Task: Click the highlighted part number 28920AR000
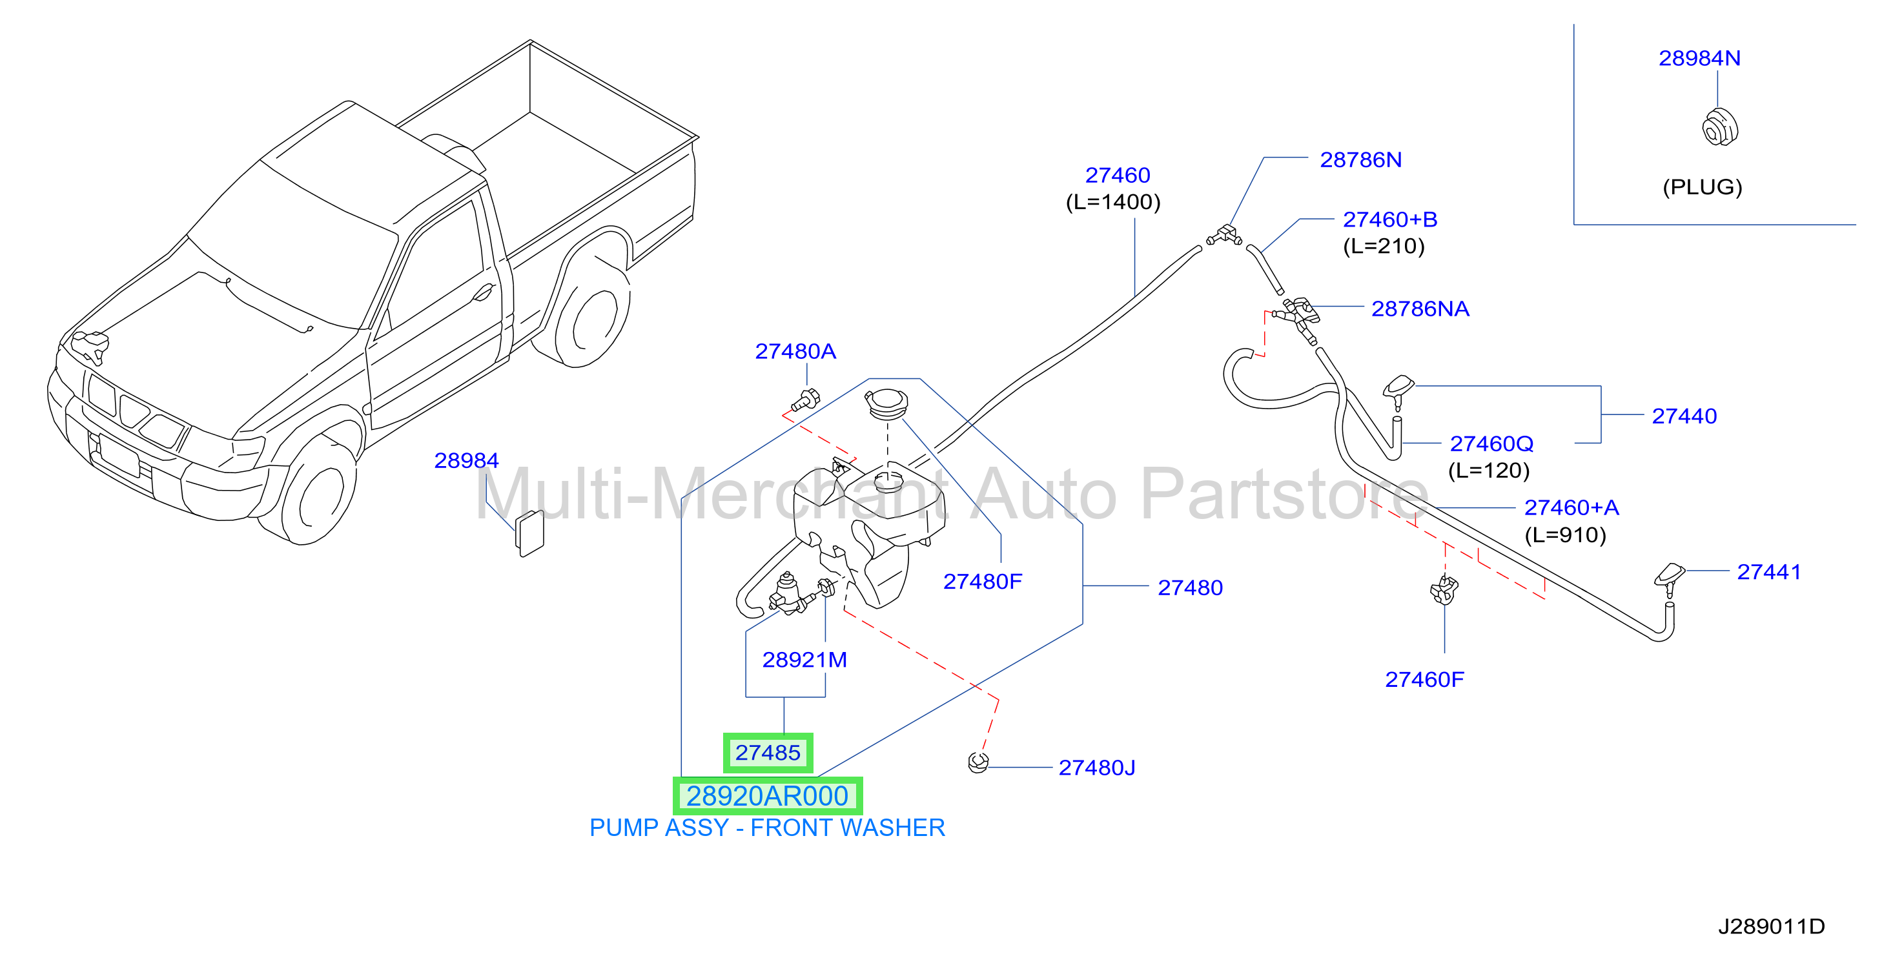[x=767, y=796]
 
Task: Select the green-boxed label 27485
[x=768, y=753]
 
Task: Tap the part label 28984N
[x=1699, y=57]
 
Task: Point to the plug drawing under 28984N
[x=1720, y=127]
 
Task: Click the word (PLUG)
[x=1702, y=187]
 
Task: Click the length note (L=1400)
[x=1113, y=202]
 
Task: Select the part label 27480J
[x=1097, y=768]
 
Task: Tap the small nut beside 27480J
[x=978, y=762]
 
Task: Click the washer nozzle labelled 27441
[x=1669, y=579]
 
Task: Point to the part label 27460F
[x=1424, y=679]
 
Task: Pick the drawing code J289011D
[x=1771, y=926]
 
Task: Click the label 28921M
[x=804, y=659]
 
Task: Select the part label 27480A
[x=795, y=351]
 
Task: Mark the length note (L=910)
[x=1566, y=535]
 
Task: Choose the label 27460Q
[x=1491, y=443]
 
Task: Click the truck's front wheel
[x=316, y=491]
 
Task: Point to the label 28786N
[x=1361, y=159]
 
